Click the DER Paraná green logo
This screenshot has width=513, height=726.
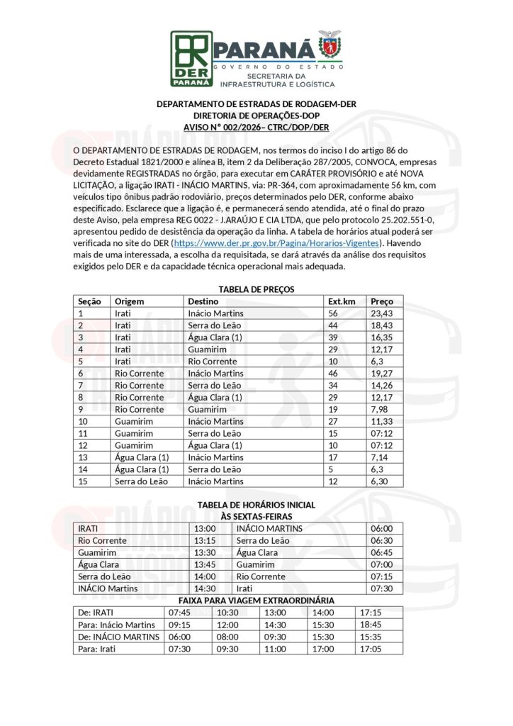(x=190, y=58)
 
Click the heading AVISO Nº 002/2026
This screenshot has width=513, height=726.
(x=256, y=128)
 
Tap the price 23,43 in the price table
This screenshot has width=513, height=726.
(x=382, y=313)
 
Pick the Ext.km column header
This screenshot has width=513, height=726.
(x=342, y=301)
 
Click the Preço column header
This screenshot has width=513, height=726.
(x=383, y=301)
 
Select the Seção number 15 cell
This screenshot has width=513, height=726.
(x=82, y=481)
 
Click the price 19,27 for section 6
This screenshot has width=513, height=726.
(x=382, y=374)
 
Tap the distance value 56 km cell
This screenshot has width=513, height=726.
(x=333, y=313)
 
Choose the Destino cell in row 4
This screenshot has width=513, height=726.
(x=207, y=350)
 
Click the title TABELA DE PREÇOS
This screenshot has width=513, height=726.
(x=256, y=289)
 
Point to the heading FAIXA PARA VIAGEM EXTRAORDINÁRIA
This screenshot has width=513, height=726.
(x=256, y=601)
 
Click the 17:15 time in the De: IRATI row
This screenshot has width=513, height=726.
(x=371, y=613)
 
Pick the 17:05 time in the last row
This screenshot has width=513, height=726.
(x=371, y=649)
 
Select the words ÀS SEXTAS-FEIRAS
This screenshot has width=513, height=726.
(x=256, y=516)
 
